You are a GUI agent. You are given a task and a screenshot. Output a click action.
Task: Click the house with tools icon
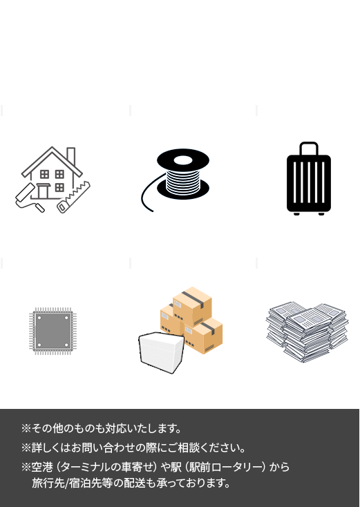point(53,180)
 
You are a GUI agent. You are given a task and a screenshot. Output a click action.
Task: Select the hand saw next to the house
point(74,198)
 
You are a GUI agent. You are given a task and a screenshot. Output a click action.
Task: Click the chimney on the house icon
point(71,157)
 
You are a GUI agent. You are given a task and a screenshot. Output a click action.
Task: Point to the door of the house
point(43,191)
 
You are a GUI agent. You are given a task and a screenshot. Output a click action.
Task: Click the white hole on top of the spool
point(183,160)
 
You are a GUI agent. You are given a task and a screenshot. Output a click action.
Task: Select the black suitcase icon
point(309,178)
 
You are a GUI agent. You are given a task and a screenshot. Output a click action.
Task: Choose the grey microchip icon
point(53,331)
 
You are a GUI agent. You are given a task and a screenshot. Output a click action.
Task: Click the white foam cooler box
point(162,352)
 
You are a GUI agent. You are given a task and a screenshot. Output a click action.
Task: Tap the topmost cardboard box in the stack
point(192,306)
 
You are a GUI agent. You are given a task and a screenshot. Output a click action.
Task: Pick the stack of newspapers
point(307,332)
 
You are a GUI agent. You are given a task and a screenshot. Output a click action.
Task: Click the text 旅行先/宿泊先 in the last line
point(68,484)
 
